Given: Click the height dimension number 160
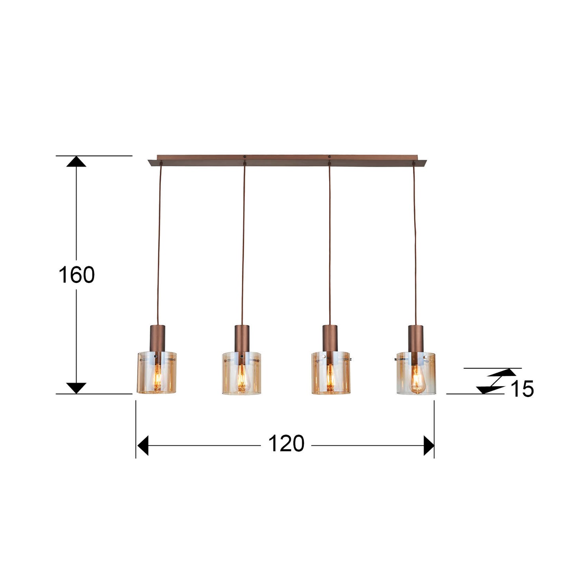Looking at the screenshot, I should [77, 275].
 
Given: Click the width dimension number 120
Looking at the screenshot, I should [286, 444].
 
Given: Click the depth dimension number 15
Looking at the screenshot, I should [522, 389].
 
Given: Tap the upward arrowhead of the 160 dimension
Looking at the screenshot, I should [76, 162].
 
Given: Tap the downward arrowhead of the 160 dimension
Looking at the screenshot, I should [76, 387].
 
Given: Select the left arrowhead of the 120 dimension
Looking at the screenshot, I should [143, 445].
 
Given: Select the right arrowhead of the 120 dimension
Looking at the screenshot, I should [429, 445].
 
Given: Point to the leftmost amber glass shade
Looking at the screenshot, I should [157, 373].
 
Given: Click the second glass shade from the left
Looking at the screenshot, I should [242, 374].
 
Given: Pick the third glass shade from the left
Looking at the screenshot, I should [330, 374].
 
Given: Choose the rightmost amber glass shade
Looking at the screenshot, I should [416, 374].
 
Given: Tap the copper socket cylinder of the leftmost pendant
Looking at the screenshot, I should [157, 338].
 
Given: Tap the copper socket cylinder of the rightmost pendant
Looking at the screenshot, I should [415, 338].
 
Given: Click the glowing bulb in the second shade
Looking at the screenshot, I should [242, 381].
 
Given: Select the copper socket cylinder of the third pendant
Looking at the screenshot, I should [330, 338].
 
